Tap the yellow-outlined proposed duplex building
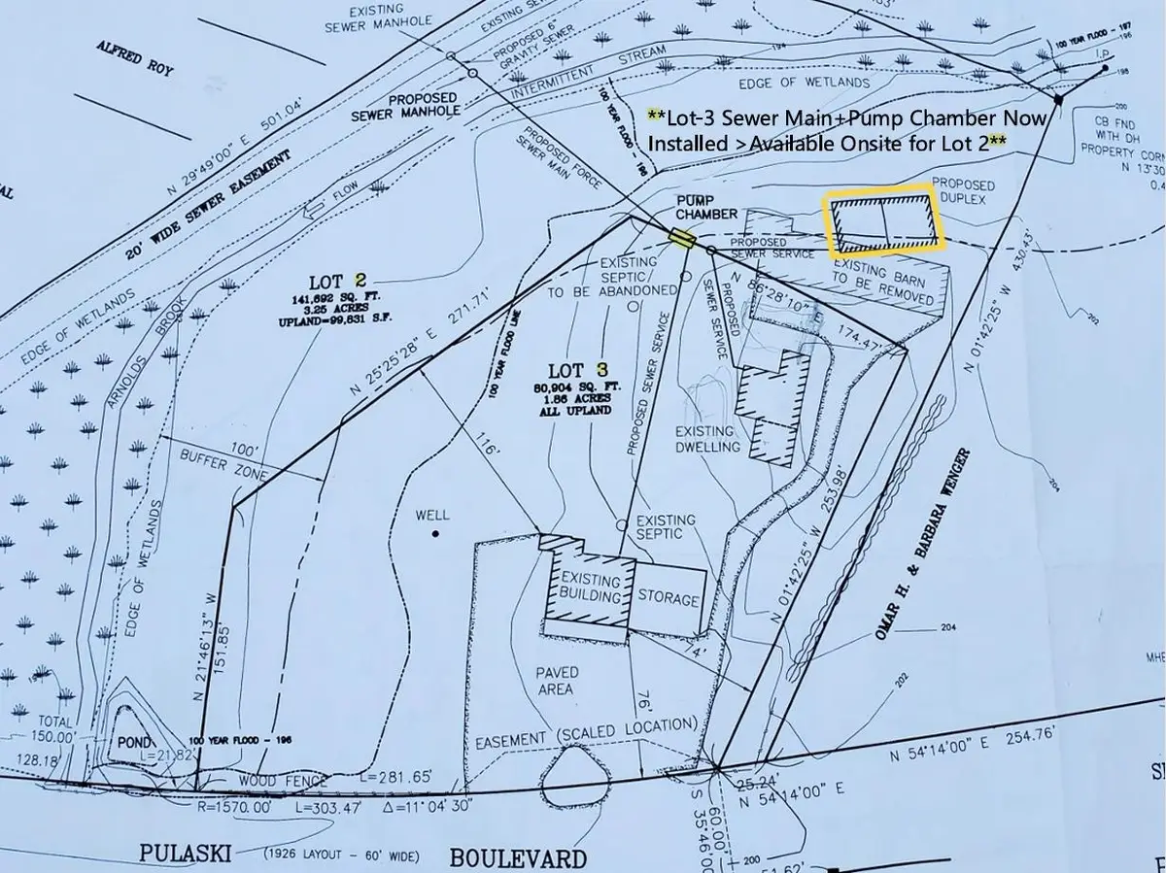coord(884,223)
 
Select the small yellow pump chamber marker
coord(682,239)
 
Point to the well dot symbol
coord(436,534)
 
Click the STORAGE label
coord(669,599)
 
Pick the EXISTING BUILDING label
coord(590,588)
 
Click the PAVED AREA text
coord(556,680)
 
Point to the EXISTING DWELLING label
coord(708,438)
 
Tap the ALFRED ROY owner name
coord(133,55)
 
